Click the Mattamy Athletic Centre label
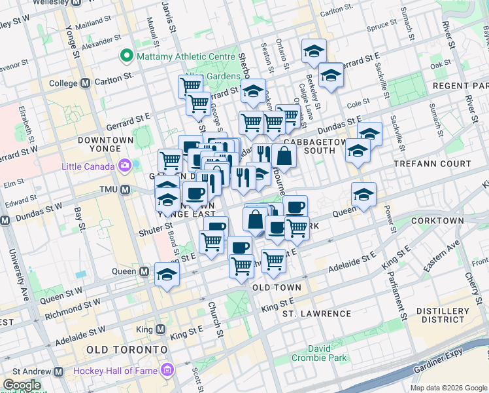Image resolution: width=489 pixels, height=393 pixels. pyautogui.click(x=185, y=56)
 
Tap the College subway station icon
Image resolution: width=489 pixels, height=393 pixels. pyautogui.click(x=85, y=83)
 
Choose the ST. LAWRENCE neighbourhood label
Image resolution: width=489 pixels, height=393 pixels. pyautogui.click(x=316, y=314)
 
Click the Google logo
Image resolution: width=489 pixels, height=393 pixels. pyautogui.click(x=21, y=385)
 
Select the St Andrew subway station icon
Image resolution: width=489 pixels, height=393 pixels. pyautogui.click(x=58, y=371)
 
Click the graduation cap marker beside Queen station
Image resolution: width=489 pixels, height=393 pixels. pyautogui.click(x=167, y=274)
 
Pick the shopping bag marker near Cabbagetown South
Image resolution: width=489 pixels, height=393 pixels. pyautogui.click(x=284, y=157)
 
